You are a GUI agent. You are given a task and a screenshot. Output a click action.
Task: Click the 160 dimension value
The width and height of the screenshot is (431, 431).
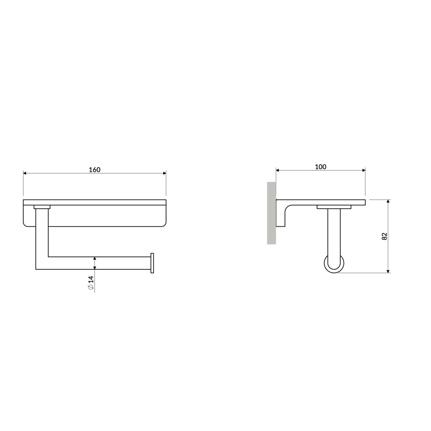95,169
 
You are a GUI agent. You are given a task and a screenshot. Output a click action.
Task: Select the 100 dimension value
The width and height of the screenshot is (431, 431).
320,167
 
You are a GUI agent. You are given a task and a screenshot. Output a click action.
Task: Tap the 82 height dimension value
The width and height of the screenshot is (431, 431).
384,236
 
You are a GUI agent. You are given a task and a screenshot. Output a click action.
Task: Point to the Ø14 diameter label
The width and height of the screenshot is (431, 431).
91,283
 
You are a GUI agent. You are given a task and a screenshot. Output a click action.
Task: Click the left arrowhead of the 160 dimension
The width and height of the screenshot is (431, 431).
25,173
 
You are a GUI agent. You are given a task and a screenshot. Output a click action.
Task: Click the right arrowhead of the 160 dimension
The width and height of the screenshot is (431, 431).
164,173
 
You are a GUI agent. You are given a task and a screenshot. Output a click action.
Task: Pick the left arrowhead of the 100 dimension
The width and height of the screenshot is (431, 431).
278,171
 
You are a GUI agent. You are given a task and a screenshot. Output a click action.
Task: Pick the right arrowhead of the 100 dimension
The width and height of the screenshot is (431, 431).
364,171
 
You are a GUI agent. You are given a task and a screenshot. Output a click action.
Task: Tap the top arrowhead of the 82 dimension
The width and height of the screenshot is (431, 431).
388,201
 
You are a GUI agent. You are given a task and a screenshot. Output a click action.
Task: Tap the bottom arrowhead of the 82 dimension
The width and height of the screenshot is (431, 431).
388,271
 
